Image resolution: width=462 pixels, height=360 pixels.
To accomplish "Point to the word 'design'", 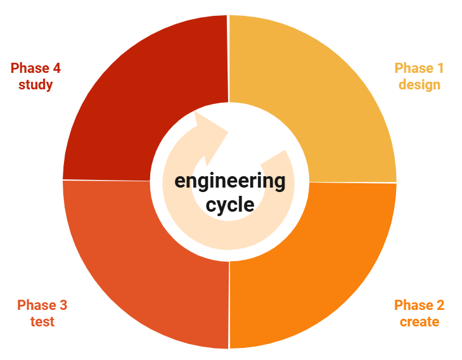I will [x=419, y=84].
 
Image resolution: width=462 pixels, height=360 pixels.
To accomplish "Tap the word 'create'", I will [x=419, y=321].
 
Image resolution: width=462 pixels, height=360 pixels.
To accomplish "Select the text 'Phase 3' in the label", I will [x=42, y=305].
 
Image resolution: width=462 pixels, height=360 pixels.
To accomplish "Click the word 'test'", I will [x=42, y=321].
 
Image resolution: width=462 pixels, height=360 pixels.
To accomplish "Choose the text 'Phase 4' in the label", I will [x=35, y=68].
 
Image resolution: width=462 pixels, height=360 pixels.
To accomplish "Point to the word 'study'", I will [x=35, y=84].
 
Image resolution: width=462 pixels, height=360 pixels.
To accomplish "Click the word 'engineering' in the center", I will [x=229, y=181].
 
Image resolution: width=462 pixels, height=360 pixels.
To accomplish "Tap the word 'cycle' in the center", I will [x=229, y=205].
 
